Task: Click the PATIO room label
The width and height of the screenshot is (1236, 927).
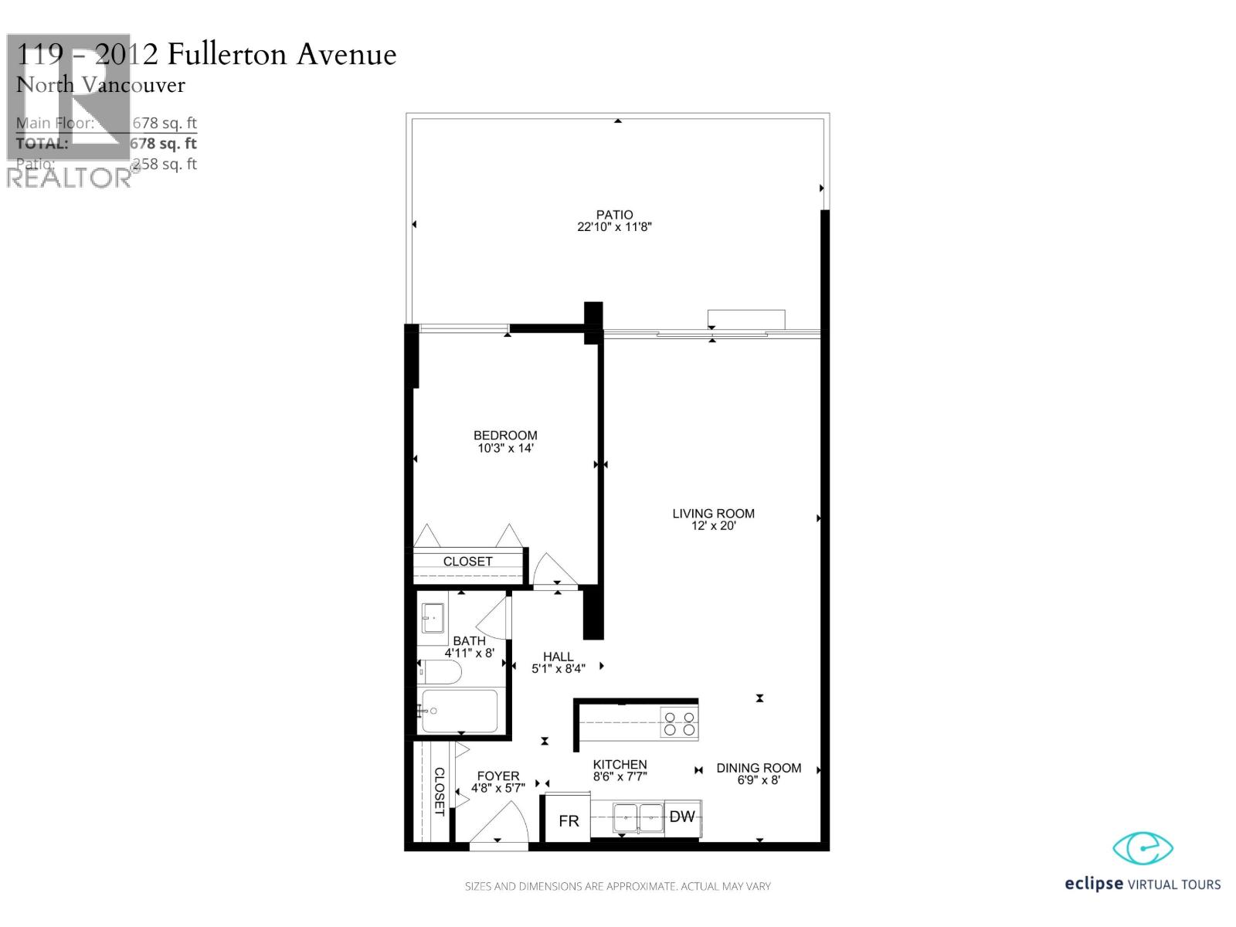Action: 614,215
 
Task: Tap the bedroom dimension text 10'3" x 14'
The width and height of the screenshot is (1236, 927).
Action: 505,448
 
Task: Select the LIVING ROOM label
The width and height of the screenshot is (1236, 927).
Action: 713,513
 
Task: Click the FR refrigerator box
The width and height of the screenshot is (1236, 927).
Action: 569,820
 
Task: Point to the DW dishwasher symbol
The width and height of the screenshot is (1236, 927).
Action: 682,817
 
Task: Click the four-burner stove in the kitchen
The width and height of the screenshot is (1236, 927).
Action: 679,723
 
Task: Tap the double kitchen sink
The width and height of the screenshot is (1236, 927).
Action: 639,817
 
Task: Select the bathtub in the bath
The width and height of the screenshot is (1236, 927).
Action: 459,711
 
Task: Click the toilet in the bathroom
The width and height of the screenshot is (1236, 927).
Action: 440,673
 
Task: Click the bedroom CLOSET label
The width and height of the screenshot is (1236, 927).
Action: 467,562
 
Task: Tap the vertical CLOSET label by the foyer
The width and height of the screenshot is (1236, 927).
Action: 439,791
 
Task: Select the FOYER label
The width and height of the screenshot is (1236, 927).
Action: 498,776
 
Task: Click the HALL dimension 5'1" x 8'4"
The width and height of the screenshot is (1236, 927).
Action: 558,669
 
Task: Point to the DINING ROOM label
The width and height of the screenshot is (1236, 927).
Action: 759,768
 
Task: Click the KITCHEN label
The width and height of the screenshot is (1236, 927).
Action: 620,764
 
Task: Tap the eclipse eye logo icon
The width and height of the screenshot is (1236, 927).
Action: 1143,849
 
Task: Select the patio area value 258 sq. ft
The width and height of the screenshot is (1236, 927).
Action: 165,164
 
